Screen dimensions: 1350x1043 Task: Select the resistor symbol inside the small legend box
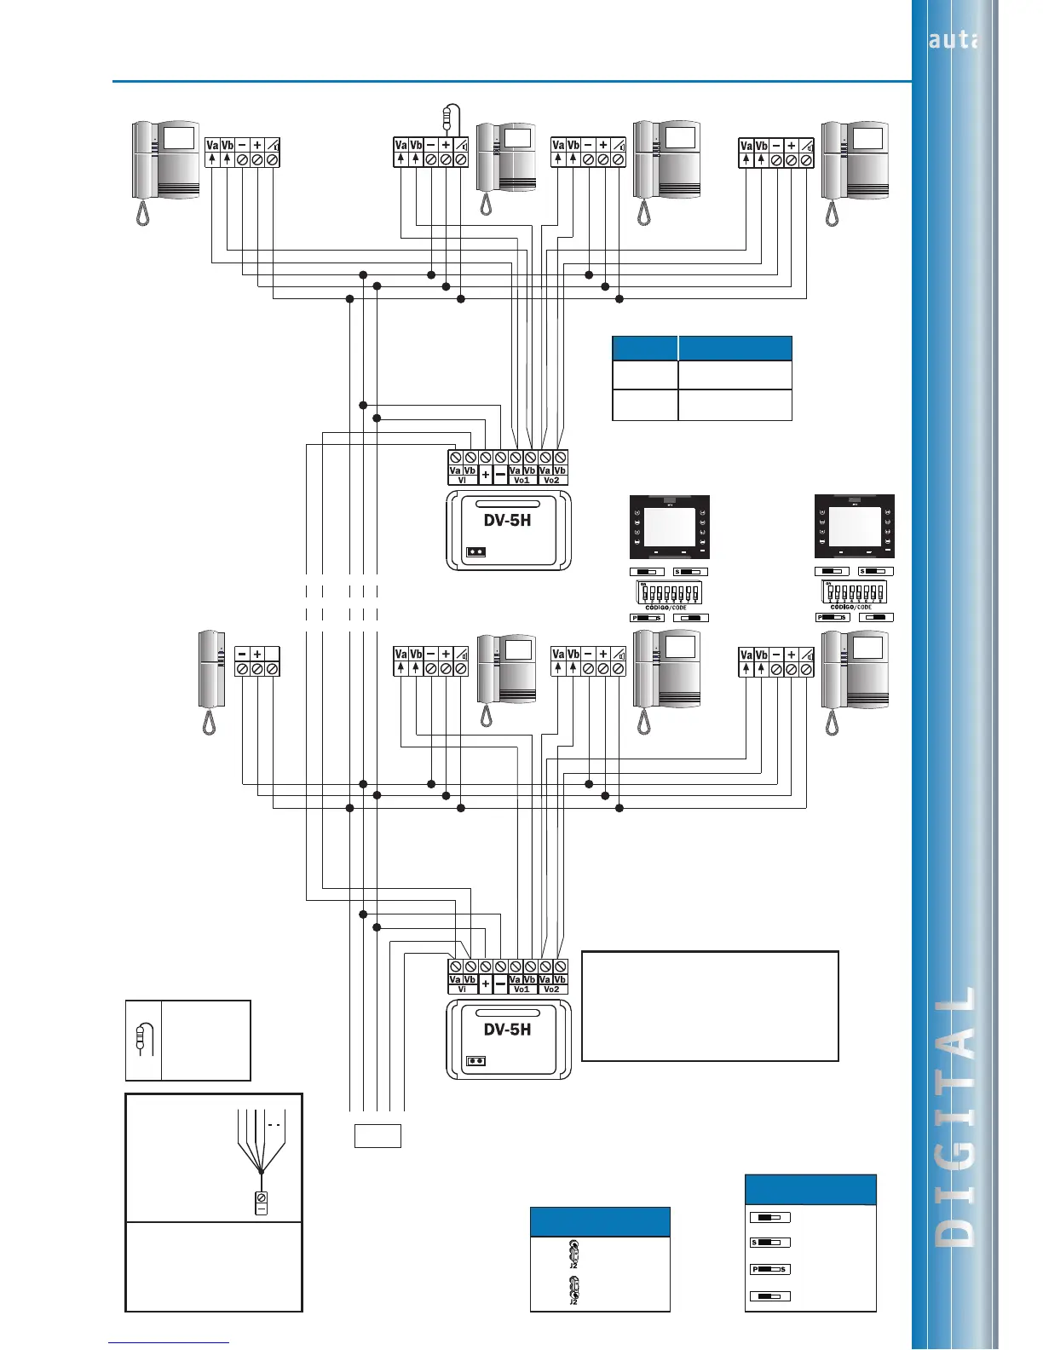(x=141, y=1037)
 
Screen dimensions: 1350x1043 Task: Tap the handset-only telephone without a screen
(x=210, y=669)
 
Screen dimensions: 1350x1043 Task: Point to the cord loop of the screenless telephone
(x=209, y=722)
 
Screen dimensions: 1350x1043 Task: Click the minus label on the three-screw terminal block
(x=242, y=655)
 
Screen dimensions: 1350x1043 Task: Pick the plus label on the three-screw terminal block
(x=257, y=655)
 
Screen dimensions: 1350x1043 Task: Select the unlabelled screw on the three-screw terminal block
(x=272, y=670)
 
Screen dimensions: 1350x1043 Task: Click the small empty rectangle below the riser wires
(x=377, y=1135)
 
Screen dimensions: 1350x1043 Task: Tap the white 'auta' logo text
(x=953, y=40)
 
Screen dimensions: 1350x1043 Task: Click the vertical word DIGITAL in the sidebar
(x=959, y=1116)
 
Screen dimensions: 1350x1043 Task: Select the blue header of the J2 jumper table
(x=600, y=1221)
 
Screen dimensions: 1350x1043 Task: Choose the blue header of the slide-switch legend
(x=810, y=1189)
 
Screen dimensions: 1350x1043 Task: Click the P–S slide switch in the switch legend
(x=769, y=1270)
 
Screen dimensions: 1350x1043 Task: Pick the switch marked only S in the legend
(x=769, y=1243)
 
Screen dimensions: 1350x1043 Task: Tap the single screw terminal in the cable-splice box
(x=262, y=1197)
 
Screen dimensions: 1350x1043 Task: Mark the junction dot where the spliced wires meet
(x=260, y=1173)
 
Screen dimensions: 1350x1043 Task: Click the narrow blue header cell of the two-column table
(x=645, y=349)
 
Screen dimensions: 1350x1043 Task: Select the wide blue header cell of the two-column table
(x=735, y=349)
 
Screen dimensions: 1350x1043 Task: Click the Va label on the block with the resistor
(x=400, y=145)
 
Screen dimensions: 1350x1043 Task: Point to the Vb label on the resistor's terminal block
(x=416, y=145)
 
